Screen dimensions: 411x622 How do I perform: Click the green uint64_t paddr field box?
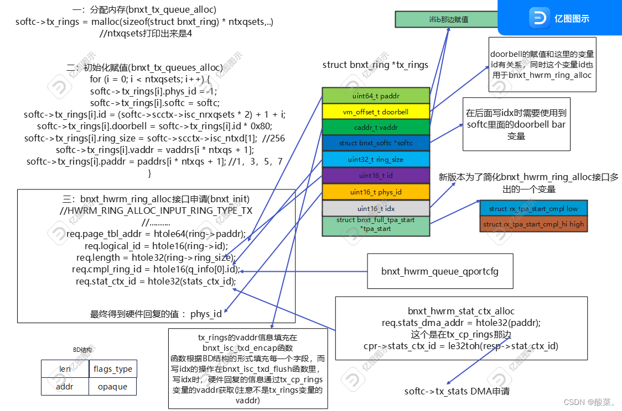pyautogui.click(x=376, y=96)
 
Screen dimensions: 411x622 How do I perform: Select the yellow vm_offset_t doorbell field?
pyautogui.click(x=376, y=112)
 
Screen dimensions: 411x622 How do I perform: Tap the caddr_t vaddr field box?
pyautogui.click(x=376, y=127)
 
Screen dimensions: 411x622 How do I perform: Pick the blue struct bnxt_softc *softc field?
pyautogui.click(x=376, y=143)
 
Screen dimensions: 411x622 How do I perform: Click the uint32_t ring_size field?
pyautogui.click(x=376, y=159)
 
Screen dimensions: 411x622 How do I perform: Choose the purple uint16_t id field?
pyautogui.click(x=376, y=175)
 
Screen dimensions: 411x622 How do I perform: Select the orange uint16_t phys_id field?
pyautogui.click(x=376, y=192)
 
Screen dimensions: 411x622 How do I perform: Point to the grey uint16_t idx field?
pyautogui.click(x=376, y=208)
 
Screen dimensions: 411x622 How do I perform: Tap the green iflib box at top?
pyautogui.click(x=448, y=19)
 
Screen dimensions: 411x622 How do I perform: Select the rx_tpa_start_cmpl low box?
pyautogui.click(x=533, y=208)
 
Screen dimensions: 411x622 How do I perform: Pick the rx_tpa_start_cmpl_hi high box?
pyautogui.click(x=533, y=224)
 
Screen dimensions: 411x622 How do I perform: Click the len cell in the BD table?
pyautogui.click(x=65, y=368)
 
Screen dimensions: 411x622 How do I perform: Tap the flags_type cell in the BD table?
pyautogui.click(x=112, y=368)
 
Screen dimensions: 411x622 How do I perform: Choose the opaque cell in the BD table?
pyautogui.click(x=112, y=386)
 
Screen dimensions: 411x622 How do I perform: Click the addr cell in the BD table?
pyautogui.click(x=65, y=386)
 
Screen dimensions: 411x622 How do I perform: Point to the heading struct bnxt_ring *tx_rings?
pyautogui.click(x=375, y=65)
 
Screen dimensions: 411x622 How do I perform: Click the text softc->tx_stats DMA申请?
pyautogui.click(x=457, y=391)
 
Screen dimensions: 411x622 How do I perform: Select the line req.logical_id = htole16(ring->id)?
pyautogui.click(x=155, y=246)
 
